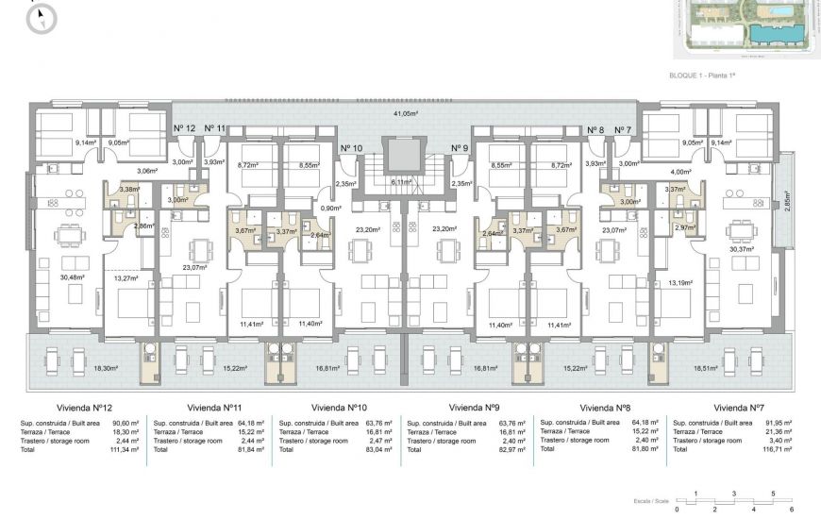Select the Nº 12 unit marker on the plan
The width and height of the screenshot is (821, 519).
click(184, 128)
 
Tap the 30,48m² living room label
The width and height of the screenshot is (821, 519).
click(72, 277)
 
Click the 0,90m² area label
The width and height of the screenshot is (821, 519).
click(329, 209)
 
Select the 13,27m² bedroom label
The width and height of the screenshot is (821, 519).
click(126, 278)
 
